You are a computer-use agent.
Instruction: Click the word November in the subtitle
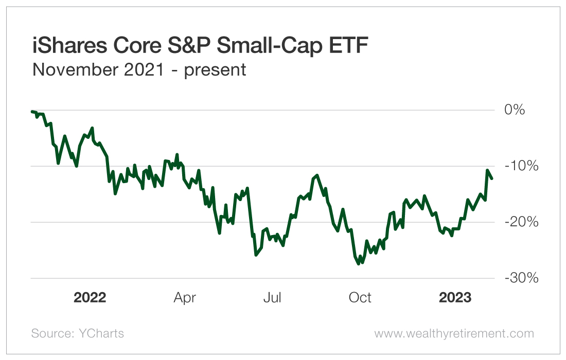72,69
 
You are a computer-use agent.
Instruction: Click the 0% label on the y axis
515,110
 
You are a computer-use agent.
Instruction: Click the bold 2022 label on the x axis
90,298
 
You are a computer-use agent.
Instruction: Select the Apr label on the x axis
185,298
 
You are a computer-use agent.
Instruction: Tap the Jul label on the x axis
272,298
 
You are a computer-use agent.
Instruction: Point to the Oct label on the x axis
360,298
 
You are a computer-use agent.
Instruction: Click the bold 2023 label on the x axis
455,298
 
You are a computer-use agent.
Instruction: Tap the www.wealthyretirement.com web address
454,333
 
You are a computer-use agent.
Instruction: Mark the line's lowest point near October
359,264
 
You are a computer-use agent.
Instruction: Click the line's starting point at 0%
32,111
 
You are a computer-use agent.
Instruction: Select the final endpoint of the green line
492,178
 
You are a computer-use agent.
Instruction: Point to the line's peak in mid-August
317,175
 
